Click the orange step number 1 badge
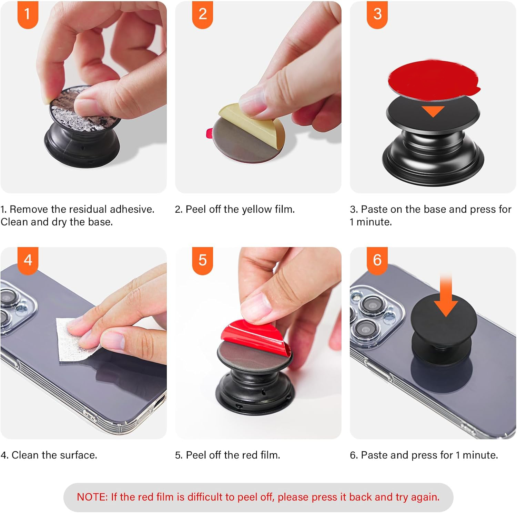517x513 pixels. tap(28, 14)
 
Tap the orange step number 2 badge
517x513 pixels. tap(202, 14)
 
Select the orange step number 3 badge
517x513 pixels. tap(377, 14)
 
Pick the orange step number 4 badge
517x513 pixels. tap(28, 260)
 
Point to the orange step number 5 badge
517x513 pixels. tap(202, 260)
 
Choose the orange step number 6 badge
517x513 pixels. tap(377, 260)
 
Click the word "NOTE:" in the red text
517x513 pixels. tap(92, 497)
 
